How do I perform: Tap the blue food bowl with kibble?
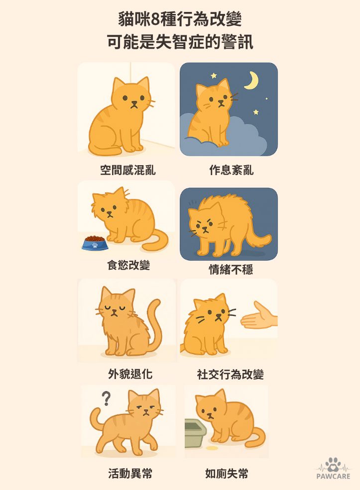[95, 242]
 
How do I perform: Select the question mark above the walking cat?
[106, 398]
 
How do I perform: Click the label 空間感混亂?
[128, 171]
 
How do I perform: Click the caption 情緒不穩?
[231, 270]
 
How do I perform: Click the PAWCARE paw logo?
[333, 467]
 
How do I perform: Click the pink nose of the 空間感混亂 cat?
[133, 103]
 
